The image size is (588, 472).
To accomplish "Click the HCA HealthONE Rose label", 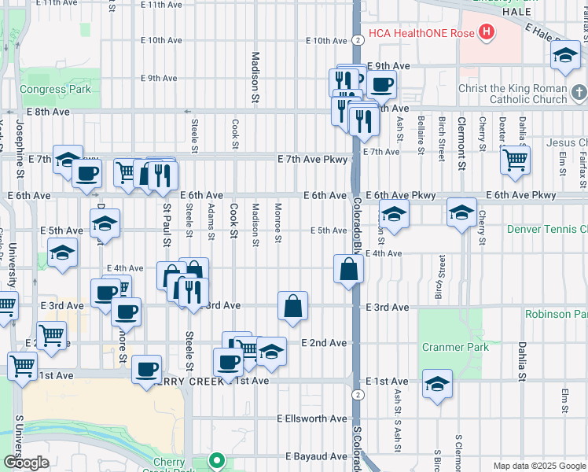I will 422,32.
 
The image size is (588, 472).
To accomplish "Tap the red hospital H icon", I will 487,32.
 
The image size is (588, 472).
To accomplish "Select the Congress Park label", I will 55,89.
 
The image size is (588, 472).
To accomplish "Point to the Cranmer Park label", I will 455,347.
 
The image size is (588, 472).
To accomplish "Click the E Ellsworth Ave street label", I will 311,419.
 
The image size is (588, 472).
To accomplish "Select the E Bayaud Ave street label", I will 316,456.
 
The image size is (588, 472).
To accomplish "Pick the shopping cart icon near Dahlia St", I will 515,160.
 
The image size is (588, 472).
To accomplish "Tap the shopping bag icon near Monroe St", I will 292,306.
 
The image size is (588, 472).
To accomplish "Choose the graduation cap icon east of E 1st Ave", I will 437,384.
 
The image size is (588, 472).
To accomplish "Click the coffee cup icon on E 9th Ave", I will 382,84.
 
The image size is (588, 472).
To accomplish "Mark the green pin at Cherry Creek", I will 216,460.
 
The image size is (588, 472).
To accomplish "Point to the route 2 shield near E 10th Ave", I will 358,40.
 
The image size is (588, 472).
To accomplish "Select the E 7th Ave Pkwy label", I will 312,160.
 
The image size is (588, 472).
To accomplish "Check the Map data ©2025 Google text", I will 539,466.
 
